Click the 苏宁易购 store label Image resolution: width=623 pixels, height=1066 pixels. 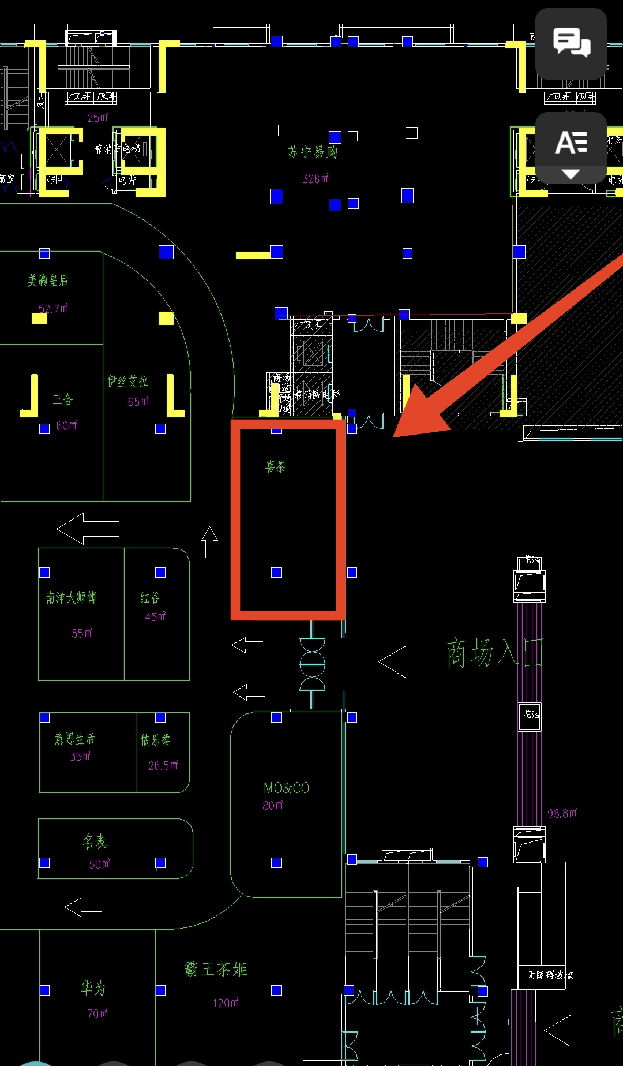click(x=313, y=152)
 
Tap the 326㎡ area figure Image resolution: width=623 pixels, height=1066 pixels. click(x=316, y=179)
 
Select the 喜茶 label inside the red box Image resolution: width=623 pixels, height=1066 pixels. click(x=275, y=466)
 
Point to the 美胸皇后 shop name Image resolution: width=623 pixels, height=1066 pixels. click(x=48, y=280)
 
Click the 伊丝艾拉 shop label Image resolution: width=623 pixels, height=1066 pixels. click(x=127, y=381)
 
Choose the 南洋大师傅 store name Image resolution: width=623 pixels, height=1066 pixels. click(x=71, y=597)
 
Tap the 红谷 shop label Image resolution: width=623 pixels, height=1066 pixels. click(x=150, y=598)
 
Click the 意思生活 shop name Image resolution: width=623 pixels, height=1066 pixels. click(x=74, y=739)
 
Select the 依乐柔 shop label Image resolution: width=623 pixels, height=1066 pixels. click(x=156, y=740)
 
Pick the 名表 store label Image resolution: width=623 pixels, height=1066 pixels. click(x=96, y=841)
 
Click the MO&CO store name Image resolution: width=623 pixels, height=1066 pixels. click(x=286, y=788)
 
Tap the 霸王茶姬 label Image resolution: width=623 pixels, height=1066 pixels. click(x=216, y=969)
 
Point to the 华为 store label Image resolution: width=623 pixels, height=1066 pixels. click(x=93, y=989)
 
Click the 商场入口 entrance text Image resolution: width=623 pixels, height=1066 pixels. click(x=494, y=654)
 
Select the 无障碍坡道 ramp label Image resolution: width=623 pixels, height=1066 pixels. click(x=549, y=975)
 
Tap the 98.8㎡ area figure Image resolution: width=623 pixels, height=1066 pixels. click(x=562, y=813)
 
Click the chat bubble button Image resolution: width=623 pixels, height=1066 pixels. click(x=571, y=43)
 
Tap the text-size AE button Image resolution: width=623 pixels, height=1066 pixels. click(x=571, y=148)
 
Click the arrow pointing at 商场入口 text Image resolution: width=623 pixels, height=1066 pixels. click(x=410, y=661)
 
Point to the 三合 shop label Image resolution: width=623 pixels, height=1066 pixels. click(x=63, y=399)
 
